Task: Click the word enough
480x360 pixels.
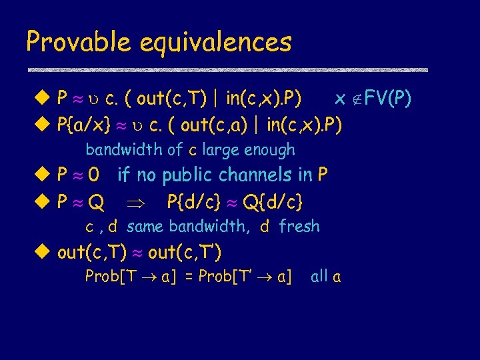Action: (269, 151)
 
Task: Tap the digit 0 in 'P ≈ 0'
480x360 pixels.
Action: (94, 175)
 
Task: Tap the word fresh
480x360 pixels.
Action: (299, 227)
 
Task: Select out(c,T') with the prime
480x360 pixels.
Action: (185, 252)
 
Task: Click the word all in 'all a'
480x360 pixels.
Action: (319, 277)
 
